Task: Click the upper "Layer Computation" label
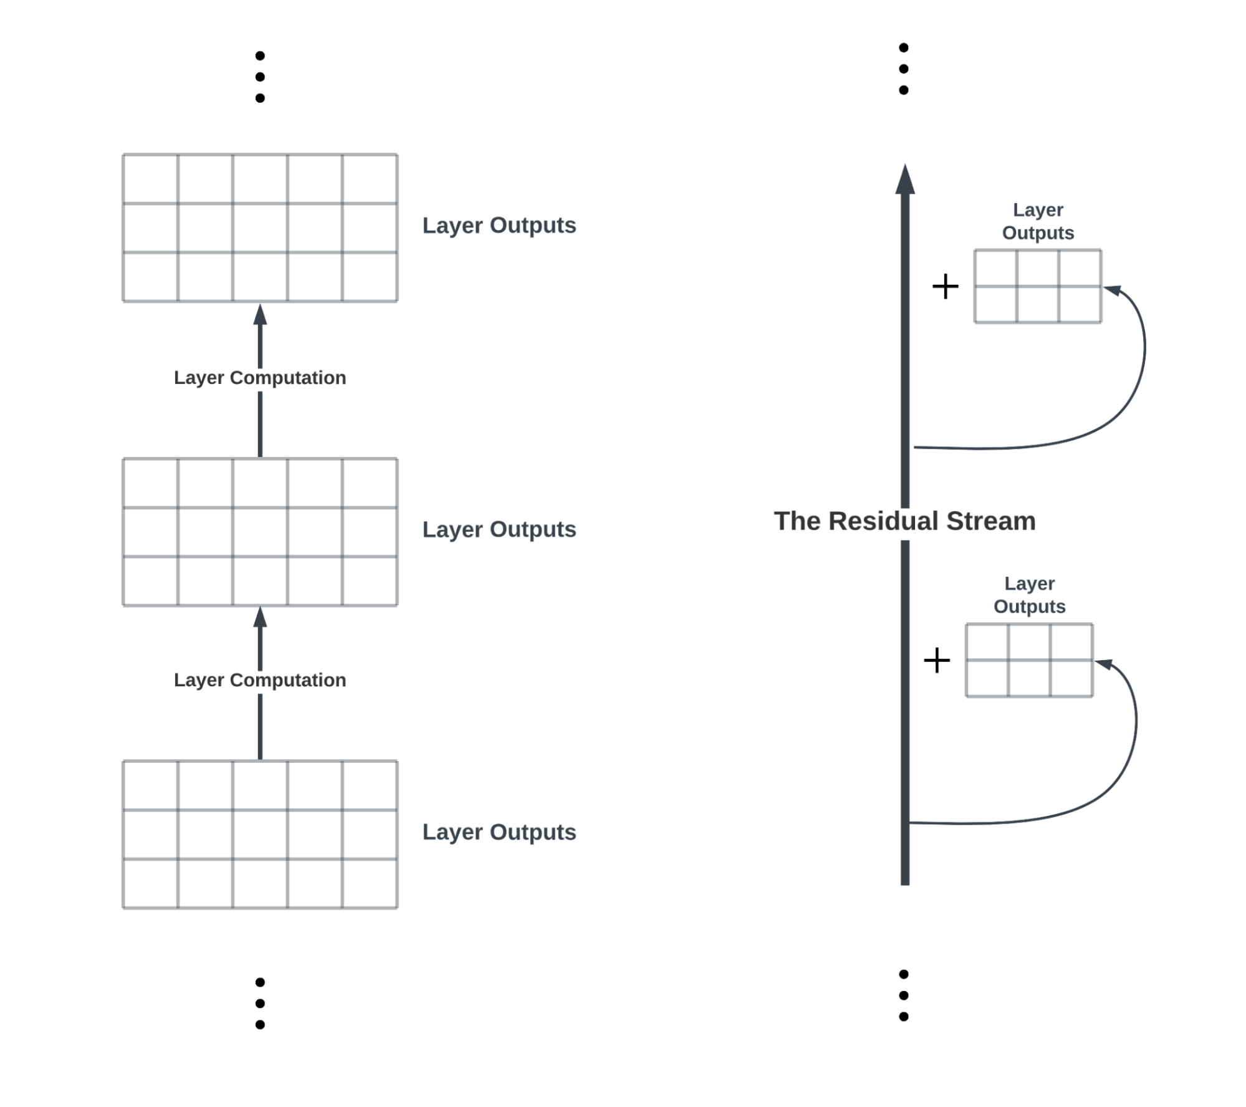[260, 378]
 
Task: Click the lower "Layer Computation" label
[260, 680]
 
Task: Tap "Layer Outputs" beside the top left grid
[499, 226]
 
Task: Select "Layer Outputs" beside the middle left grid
[499, 530]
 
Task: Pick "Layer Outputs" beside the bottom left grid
[499, 832]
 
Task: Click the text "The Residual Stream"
[905, 521]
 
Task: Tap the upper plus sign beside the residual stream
[945, 286]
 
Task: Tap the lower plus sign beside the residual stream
[937, 660]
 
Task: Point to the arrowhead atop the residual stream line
[905, 180]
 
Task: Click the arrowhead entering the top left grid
[260, 314]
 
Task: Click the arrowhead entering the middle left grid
[260, 617]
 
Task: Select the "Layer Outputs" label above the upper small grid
[1038, 221]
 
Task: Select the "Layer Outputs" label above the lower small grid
[1030, 595]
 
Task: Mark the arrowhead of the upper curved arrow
[1113, 290]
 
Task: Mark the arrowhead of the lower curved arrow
[1104, 664]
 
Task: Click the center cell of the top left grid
[260, 228]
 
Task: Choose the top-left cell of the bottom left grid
[150, 785]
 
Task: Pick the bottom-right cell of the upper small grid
[1080, 304]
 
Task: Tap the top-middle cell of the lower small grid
[1029, 642]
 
